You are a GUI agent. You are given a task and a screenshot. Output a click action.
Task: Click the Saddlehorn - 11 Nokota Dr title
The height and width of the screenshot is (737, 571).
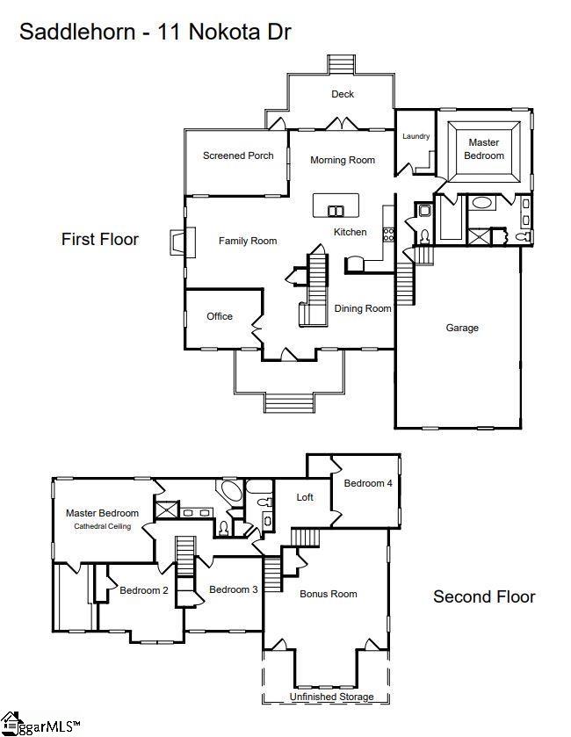pos(155,33)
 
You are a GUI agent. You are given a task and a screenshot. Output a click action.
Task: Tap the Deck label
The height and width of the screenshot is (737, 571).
pos(343,94)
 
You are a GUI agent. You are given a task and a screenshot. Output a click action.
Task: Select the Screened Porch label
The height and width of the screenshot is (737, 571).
pos(238,155)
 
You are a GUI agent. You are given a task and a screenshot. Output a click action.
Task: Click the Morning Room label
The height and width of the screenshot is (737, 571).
pos(343,160)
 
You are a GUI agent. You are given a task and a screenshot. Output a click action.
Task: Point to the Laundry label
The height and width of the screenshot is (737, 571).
pos(416,136)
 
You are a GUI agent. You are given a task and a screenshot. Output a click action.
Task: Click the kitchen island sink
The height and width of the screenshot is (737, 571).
pos(336,210)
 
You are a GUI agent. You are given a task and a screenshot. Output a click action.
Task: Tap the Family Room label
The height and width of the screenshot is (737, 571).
pos(248,241)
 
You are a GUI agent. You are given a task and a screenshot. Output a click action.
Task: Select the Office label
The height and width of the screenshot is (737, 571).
pos(220,316)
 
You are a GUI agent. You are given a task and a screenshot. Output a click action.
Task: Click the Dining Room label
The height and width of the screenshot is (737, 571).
pos(363,308)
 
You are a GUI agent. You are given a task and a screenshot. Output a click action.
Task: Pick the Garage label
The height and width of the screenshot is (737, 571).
pos(462,328)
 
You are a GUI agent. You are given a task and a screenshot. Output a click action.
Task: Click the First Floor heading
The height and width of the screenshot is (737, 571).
pos(100,239)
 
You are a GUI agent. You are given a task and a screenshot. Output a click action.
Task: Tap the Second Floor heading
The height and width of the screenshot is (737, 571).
pos(484,597)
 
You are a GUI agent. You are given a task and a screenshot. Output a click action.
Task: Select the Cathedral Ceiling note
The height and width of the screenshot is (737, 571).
pos(102,526)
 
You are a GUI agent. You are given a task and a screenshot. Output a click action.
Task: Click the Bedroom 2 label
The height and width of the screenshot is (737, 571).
pos(144,590)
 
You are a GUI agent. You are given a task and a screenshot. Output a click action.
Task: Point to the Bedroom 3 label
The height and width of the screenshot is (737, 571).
pos(234,589)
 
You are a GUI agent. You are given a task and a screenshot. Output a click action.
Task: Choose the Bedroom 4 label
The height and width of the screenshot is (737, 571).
pos(368,483)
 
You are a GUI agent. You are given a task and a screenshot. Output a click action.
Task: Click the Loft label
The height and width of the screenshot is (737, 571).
pos(305,497)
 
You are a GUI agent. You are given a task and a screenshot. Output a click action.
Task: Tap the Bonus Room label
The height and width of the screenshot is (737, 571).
pos(329,594)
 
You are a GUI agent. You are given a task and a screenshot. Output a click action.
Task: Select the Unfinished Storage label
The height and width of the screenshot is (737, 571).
pos(332,697)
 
